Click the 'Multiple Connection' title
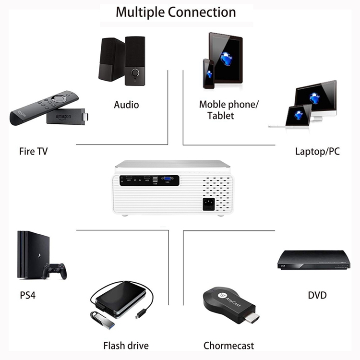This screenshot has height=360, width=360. click(176, 12)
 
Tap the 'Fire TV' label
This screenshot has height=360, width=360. click(33, 152)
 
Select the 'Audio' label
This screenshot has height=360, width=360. click(126, 104)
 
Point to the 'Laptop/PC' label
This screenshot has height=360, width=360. click(317, 152)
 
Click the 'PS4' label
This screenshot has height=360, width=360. click(28, 294)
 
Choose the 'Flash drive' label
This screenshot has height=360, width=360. click(126, 345)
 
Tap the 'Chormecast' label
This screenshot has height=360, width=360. click(228, 345)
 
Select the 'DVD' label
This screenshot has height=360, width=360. click(317, 294)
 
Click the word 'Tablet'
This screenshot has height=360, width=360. click(221, 116)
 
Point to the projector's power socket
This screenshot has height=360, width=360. click(209, 204)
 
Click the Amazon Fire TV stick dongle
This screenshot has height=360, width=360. click(65, 117)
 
